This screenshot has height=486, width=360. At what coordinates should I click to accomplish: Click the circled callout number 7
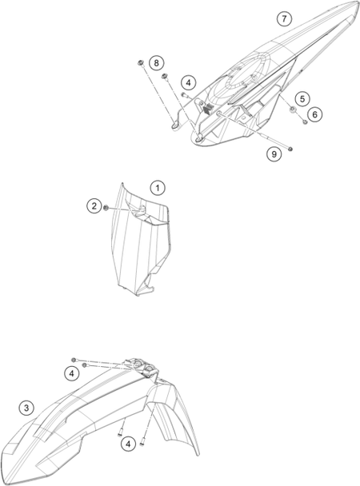tap(284, 19)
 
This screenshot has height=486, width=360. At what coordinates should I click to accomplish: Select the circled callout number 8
tap(156, 63)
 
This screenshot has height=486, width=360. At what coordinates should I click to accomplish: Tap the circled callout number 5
tap(302, 99)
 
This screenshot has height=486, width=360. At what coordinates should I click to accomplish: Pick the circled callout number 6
tap(314, 114)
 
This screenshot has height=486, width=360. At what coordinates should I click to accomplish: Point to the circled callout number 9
tap(274, 154)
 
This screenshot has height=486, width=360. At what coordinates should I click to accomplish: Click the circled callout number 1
tap(158, 188)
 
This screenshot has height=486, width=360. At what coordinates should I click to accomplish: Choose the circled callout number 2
tap(94, 205)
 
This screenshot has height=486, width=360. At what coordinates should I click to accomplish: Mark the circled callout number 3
tap(26, 408)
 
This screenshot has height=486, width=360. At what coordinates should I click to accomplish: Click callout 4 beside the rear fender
tap(188, 83)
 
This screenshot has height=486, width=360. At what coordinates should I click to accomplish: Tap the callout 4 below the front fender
tap(128, 444)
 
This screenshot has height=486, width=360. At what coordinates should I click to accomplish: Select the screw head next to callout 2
tap(106, 207)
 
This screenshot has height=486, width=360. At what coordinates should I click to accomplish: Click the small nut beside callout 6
tap(305, 122)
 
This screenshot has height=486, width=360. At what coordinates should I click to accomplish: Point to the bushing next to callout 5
tap(292, 109)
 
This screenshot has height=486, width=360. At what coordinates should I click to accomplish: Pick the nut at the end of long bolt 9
tap(290, 149)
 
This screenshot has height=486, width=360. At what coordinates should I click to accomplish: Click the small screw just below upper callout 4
tap(183, 95)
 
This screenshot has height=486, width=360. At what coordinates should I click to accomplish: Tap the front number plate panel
tap(139, 239)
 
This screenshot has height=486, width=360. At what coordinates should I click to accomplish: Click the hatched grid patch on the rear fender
tap(208, 108)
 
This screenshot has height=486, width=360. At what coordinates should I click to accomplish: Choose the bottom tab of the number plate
tap(145, 291)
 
